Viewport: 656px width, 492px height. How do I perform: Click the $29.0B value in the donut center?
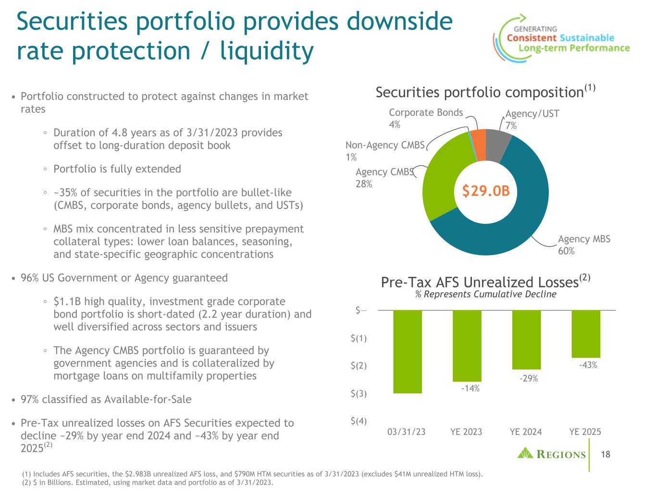[485, 191]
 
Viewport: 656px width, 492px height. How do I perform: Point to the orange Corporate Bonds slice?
[478, 138]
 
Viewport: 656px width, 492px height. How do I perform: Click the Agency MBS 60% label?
[584, 245]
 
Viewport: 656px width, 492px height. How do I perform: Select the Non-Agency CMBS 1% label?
[384, 151]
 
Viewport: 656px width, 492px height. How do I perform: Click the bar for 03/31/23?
[408, 351]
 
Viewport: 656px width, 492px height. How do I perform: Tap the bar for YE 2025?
[585, 333]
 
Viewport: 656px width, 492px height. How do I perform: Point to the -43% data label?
[588, 365]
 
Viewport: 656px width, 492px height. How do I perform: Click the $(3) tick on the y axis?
[359, 394]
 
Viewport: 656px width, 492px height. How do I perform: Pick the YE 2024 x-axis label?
[525, 431]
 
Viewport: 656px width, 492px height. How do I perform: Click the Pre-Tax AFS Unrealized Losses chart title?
[479, 283]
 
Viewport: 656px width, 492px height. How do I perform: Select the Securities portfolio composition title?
[479, 92]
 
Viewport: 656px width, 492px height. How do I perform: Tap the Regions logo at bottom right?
[551, 454]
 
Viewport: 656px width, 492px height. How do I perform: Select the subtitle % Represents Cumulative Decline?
[485, 294]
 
